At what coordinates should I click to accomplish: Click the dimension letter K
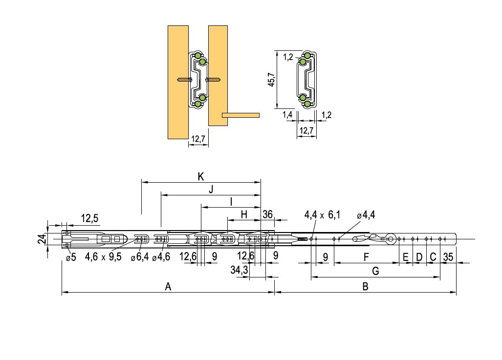coord(201,177)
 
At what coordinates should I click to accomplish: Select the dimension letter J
coord(211,190)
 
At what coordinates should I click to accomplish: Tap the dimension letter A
coord(168,287)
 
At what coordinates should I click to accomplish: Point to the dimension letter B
coord(365,287)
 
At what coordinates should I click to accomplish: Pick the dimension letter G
coord(375,272)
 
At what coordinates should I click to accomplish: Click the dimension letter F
coord(366,257)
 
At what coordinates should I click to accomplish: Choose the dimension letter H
coord(244,214)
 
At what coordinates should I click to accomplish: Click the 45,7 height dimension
coord(271,79)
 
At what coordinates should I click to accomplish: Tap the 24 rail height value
coord(42,239)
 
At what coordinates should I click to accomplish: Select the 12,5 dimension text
coord(89,218)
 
